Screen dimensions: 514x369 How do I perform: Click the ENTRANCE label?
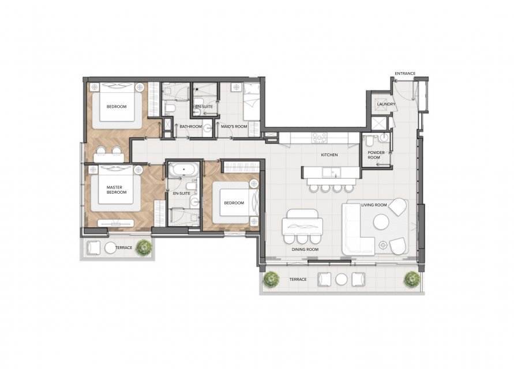tap(405, 73)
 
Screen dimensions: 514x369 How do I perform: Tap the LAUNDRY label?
tap(386, 104)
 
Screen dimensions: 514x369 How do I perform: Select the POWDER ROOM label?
tap(376, 155)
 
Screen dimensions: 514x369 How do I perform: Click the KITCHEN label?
tap(329, 155)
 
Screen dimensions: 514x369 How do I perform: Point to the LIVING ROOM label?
tap(374, 205)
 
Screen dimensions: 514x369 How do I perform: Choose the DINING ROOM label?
tap(305, 250)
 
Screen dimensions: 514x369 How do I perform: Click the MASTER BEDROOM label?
tap(115, 190)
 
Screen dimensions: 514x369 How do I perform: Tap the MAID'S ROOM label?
tap(234, 126)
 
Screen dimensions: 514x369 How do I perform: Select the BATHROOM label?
tap(190, 126)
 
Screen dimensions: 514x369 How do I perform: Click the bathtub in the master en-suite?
tap(183, 170)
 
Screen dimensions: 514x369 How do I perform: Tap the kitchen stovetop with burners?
tap(319, 138)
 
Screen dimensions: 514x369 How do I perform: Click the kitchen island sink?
tap(331, 172)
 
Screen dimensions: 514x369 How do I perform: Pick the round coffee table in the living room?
tap(381, 222)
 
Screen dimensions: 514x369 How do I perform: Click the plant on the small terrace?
tap(144, 247)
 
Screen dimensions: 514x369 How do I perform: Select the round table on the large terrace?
tap(342, 280)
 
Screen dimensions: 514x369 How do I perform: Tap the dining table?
tap(302, 226)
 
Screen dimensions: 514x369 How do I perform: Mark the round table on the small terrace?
tap(110, 248)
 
